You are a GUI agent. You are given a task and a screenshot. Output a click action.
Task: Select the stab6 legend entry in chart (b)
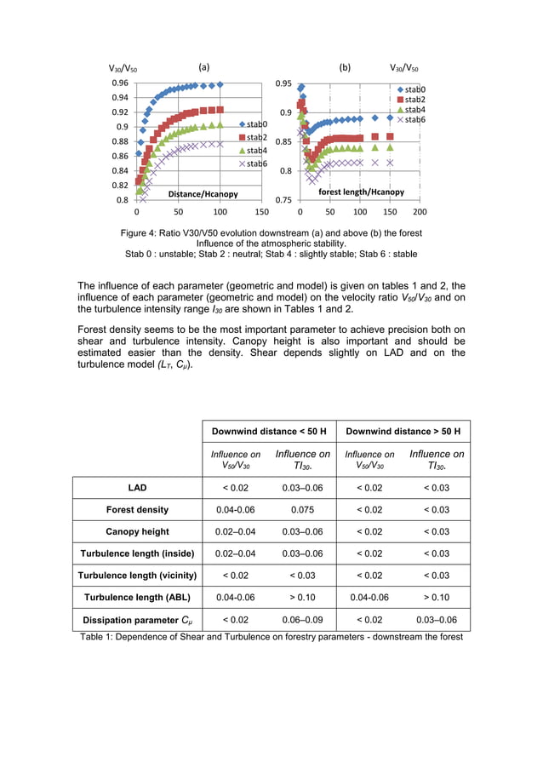410,119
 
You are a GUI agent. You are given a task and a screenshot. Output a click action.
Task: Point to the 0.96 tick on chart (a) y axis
120,83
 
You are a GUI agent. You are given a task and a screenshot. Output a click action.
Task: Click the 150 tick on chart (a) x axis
262,212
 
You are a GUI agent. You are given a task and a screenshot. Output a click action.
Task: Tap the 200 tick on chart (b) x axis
420,212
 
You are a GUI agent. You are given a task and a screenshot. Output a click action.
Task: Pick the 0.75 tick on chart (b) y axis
284,200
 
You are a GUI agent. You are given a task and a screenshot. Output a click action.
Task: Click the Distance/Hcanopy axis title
203,194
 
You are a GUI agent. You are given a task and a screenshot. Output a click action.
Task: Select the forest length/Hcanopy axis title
361,192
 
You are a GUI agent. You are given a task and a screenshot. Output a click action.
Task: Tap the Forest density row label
137,510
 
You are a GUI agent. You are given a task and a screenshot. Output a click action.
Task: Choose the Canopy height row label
137,532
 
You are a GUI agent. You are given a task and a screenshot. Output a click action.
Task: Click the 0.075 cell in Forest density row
302,510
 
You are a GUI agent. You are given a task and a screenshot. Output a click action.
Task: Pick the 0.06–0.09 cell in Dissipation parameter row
302,620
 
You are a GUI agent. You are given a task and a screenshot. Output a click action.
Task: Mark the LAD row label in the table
137,488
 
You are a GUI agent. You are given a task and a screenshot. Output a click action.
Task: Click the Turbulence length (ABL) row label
137,598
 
